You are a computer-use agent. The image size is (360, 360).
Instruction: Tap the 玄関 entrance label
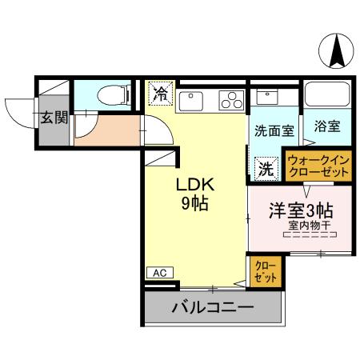54,118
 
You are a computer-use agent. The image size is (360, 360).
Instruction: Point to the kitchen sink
193,101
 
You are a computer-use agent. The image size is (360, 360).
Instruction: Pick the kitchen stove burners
231,101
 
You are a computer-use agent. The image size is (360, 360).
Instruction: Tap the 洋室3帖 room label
300,211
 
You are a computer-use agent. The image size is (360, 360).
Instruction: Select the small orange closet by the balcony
263,270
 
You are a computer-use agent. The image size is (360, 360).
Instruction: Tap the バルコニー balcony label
214,307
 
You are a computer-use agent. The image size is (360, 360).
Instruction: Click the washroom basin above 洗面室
266,98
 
